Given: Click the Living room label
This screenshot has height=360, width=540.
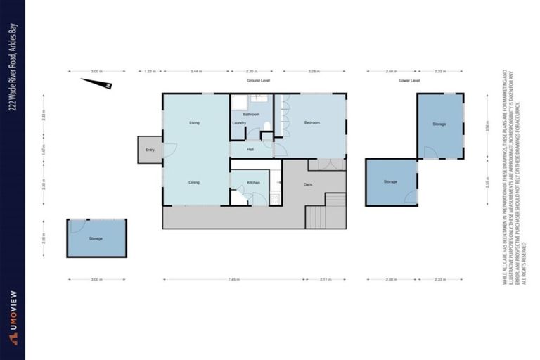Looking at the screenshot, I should coord(195,123).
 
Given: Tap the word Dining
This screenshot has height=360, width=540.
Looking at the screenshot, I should coord(195,182).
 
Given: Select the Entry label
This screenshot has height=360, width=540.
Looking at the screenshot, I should coord(150,150).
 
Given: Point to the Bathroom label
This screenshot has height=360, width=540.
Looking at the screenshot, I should coord(251,114).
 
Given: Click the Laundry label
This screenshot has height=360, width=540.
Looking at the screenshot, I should coord(239,124).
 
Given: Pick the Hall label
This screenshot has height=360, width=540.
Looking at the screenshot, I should coord(250,149).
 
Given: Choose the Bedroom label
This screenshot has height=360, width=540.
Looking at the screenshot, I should coord(312,123).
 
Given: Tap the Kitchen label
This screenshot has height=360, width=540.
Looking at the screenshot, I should coord(253,182).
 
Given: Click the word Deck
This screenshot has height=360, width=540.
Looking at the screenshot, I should coord(308,185).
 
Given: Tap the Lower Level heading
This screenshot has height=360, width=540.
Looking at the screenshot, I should coord(409,80).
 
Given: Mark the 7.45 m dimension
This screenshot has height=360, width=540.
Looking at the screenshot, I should coord(231,279).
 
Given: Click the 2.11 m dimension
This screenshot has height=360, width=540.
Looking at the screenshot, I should coord(326,279).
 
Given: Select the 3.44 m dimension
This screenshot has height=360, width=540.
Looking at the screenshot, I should coord(196,71).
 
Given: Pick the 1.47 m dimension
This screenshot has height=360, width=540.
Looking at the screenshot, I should coord(44,150).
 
